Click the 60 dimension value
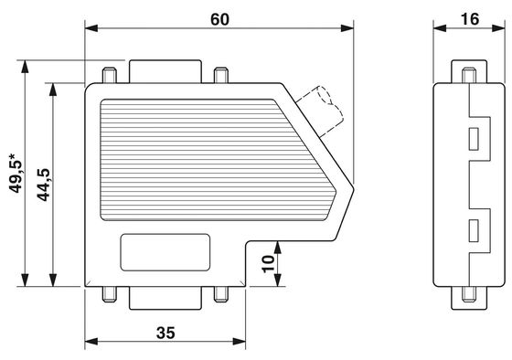coord(219,19)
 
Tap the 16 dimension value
coord(470,19)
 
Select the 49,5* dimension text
coord(16,173)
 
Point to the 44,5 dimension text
coord(44,185)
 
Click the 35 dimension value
coord(165,333)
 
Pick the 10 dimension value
coord(269,264)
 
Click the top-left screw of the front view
coord(110,75)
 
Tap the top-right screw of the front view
coord(221,75)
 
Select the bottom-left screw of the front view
coord(110,294)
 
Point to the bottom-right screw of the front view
coord(221,294)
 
